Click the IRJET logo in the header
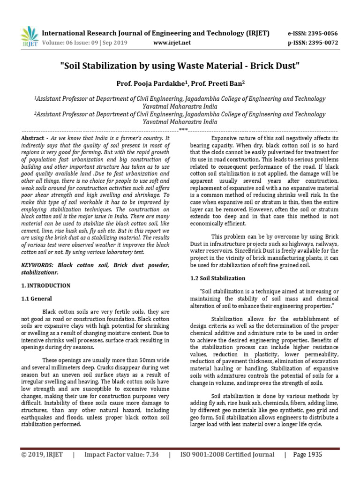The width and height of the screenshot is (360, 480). coord(30,36)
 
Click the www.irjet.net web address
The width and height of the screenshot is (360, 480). coord(172,43)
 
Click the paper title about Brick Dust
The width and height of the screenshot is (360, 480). coord(180,66)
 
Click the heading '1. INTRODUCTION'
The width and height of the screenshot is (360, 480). coord(46,285)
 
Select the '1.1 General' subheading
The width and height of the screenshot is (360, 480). coord(37,299)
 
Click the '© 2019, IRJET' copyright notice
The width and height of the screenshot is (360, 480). coord(42,455)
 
